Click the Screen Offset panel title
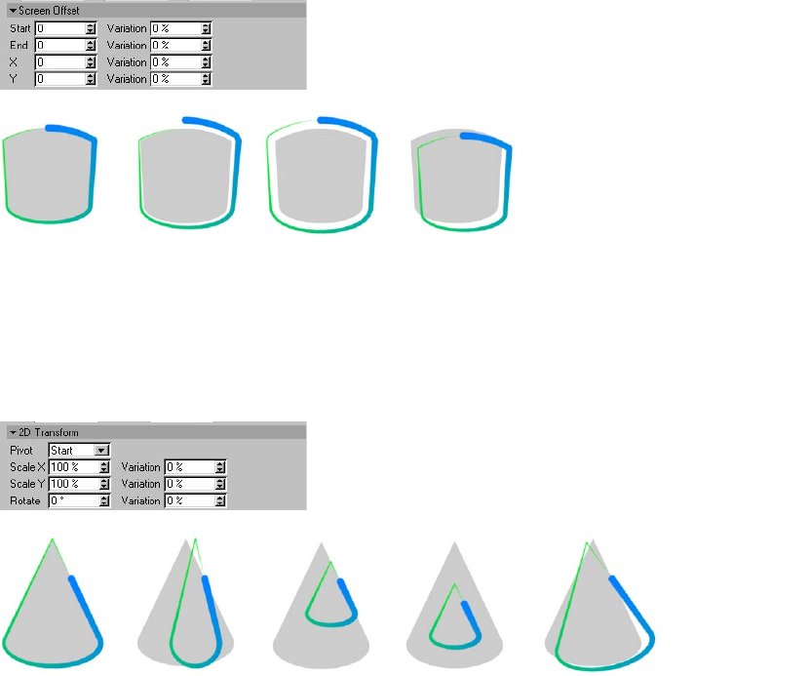(49, 11)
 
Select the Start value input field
(59, 29)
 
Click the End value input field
(59, 46)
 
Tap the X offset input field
(59, 62)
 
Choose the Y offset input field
(59, 79)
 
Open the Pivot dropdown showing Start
(78, 451)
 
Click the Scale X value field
(73, 467)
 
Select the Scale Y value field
(73, 484)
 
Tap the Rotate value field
(73, 500)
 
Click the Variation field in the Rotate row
(191, 500)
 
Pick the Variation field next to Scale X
(191, 467)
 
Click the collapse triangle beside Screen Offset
(13, 11)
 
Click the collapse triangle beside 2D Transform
(13, 432)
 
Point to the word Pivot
(20, 451)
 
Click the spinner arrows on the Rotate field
(104, 500)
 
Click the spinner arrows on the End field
(91, 46)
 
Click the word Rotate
(24, 500)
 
